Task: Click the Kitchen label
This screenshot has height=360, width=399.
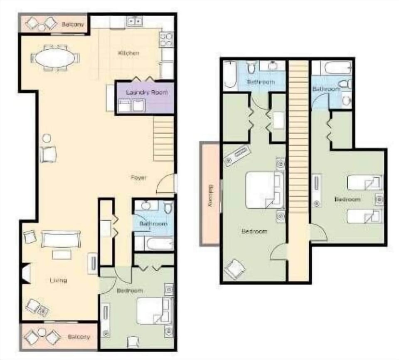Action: pyautogui.click(x=128, y=53)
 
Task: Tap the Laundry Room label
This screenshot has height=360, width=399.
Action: pyautogui.click(x=148, y=92)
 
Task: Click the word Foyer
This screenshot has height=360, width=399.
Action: pyautogui.click(x=138, y=178)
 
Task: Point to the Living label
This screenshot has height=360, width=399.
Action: pyautogui.click(x=58, y=281)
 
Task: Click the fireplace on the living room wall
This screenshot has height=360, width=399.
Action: pyautogui.click(x=25, y=274)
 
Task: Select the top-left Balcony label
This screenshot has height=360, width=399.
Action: pyautogui.click(x=73, y=25)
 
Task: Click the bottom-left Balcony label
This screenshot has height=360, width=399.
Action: pyautogui.click(x=79, y=336)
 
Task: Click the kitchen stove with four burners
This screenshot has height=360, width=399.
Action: pyautogui.click(x=166, y=40)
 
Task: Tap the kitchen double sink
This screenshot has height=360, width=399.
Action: pyautogui.click(x=135, y=21)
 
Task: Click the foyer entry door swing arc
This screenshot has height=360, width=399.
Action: pyautogui.click(x=165, y=185)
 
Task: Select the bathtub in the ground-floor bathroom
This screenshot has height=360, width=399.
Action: pyautogui.click(x=153, y=243)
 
